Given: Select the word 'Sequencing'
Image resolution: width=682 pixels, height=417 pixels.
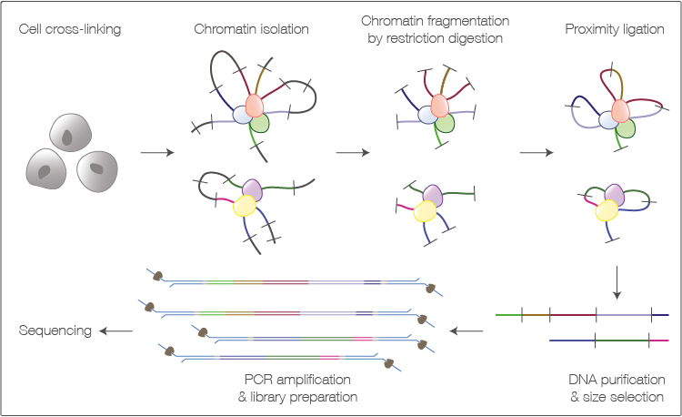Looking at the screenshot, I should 55,331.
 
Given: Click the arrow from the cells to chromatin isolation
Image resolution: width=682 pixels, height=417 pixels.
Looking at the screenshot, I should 158,152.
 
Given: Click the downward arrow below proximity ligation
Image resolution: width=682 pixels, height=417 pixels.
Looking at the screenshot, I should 618,283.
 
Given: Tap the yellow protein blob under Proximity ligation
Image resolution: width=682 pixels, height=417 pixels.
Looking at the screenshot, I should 605,211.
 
